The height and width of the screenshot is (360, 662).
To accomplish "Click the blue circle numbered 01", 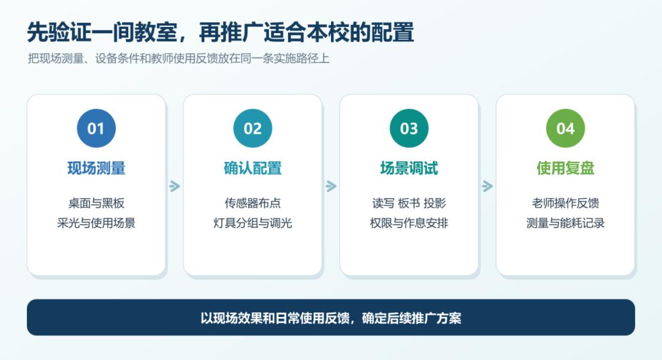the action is (96, 128).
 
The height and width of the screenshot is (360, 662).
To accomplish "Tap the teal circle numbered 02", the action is (253, 128).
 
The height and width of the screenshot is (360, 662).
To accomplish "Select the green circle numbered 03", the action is (409, 128).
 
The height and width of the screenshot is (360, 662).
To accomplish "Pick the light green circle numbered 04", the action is (565, 128).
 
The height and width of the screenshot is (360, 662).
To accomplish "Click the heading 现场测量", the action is (96, 168).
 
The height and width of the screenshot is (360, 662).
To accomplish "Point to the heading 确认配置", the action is (253, 168).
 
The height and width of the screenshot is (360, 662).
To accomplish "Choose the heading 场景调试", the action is (409, 168).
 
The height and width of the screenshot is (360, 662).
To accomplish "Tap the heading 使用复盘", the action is (565, 168).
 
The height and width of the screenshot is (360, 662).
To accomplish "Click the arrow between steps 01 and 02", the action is (174, 186).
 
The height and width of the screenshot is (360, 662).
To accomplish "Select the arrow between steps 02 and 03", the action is (331, 186).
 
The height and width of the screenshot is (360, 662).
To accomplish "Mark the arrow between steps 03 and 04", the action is (487, 186).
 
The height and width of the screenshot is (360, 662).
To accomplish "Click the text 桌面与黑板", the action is (96, 203).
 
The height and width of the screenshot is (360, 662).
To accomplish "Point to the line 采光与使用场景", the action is (96, 223).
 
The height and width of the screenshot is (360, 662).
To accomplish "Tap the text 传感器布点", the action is (253, 203).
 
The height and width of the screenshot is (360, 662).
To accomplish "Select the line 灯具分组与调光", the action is (253, 223).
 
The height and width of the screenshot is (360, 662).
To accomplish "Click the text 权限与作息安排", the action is (409, 223).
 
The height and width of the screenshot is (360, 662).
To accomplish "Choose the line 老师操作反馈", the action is (565, 203).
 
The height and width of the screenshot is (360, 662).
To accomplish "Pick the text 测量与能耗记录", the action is (565, 223).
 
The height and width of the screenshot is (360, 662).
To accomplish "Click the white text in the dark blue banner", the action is (331, 318).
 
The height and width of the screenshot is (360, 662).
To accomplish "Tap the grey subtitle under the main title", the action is (178, 58).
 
